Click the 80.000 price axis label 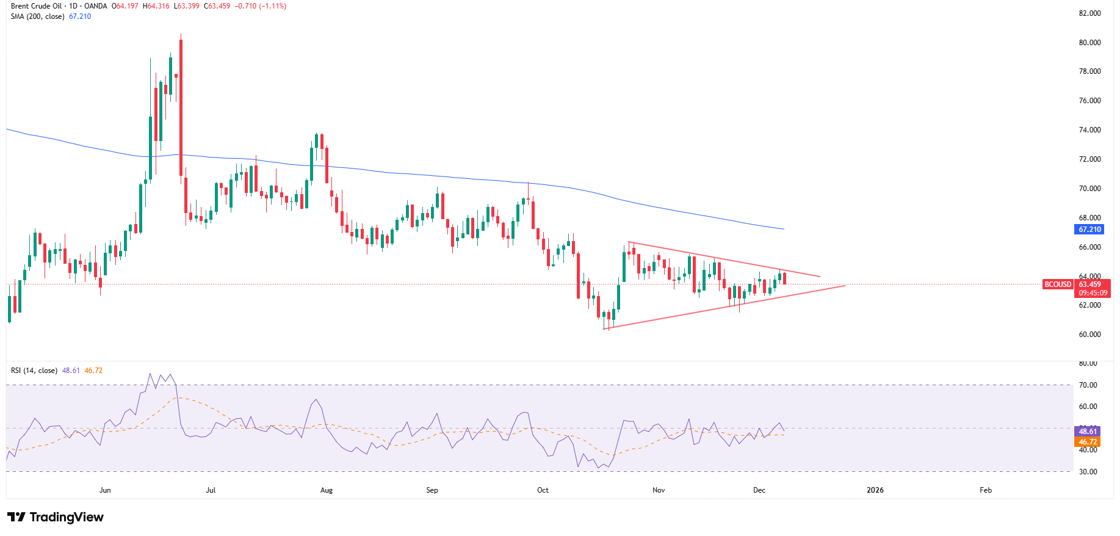coord(1089,43)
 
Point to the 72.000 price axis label coord(1089,159)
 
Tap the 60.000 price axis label coord(1089,335)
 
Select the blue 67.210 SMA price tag coord(1089,230)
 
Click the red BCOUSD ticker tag coord(1058,284)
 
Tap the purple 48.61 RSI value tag coord(1088,432)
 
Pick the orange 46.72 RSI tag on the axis coord(1088,442)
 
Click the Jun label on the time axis coord(105,490)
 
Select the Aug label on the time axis coord(327,490)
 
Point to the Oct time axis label coord(543,490)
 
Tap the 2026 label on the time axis coord(875,490)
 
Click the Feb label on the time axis coord(986,490)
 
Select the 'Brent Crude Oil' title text coord(35,6)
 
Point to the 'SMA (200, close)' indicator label coord(37,16)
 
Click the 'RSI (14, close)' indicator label coord(34,371)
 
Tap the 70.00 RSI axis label coord(1088,385)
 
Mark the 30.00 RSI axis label coord(1088,472)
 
